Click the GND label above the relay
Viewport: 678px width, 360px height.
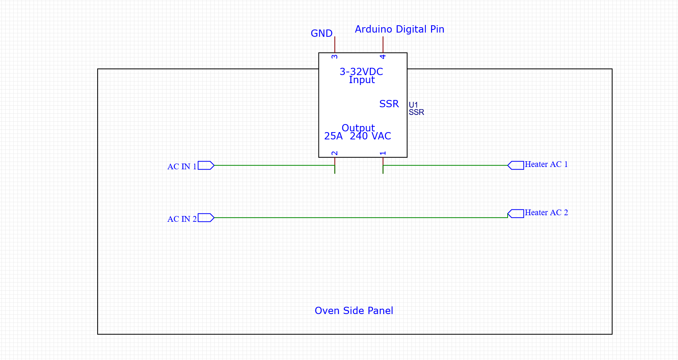(321, 34)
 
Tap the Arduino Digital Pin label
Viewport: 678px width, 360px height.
(399, 29)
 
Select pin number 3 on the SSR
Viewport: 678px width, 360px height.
(335, 57)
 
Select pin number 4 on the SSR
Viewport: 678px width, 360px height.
(383, 57)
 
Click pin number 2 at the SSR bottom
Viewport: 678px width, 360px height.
(335, 153)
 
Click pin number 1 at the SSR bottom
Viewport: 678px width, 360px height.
(383, 153)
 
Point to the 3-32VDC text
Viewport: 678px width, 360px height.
(361, 72)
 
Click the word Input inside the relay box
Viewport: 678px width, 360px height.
(362, 80)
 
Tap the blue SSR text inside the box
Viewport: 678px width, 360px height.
(389, 104)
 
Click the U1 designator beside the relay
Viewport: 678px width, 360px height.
(413, 105)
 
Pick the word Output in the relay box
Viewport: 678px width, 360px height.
(358, 128)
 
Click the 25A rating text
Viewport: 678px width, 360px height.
(333, 136)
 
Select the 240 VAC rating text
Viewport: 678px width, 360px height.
(370, 136)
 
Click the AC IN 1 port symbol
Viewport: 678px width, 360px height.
(206, 165)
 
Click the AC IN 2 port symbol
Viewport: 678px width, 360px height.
(206, 218)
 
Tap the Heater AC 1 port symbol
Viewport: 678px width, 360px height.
(516, 165)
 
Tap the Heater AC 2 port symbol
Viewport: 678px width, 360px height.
(516, 214)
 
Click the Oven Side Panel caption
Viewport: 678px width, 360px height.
(354, 311)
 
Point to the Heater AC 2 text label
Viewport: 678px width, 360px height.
(546, 213)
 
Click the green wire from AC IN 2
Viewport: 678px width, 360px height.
(360, 218)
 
